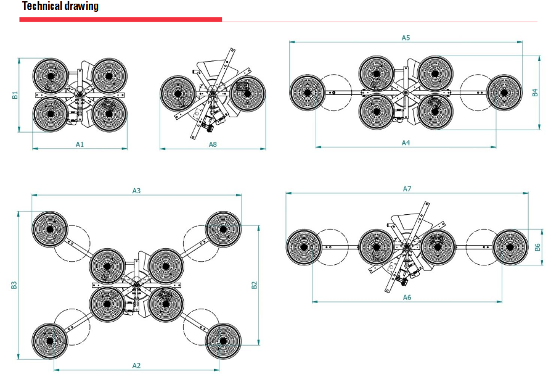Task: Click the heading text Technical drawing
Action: point(60,7)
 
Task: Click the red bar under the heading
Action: point(120,20)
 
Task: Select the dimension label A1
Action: point(80,143)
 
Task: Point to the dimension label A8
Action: point(213,144)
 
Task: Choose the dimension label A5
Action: point(406,38)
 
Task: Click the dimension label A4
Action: point(406,143)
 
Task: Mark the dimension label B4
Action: point(535,93)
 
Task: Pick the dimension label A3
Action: point(137,191)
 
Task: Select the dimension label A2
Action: point(136,365)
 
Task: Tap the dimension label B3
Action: point(14,285)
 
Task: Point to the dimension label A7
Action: point(407,188)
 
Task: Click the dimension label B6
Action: point(537,247)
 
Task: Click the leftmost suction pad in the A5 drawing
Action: point(307,92)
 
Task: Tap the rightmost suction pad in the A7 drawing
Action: point(510,247)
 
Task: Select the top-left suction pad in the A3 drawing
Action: point(49,228)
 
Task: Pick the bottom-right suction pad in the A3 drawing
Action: point(222,340)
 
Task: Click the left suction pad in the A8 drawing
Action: point(178,94)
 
